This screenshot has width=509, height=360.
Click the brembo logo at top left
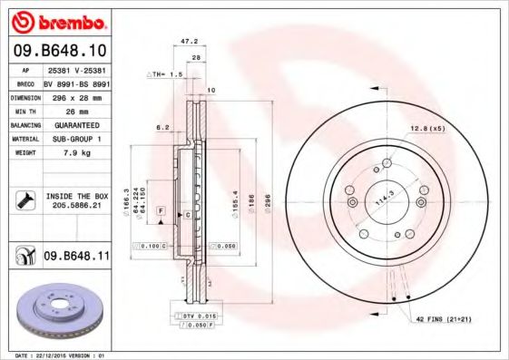[57, 21]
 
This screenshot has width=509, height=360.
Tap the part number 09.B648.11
[75, 257]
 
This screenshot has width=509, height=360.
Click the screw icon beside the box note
[25, 199]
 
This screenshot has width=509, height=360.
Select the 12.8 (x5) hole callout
[427, 128]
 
